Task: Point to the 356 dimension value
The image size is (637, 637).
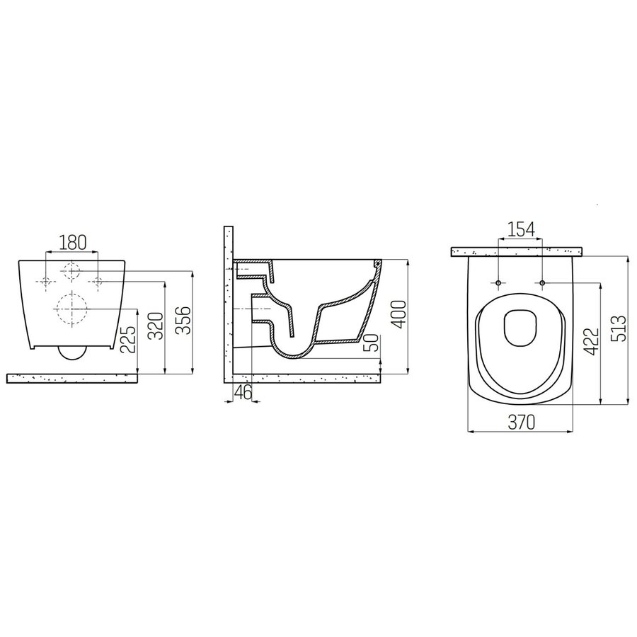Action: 185,322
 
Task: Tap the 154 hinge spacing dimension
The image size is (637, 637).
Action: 520,230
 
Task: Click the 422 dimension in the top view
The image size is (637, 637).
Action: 592,342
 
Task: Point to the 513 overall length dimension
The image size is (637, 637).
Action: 621,329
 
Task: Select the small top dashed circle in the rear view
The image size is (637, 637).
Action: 71,270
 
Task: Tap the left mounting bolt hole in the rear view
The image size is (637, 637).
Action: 45,282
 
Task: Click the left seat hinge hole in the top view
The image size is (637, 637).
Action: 499,284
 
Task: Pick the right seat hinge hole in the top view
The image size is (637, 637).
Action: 542,284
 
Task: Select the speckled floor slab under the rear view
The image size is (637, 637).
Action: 71,378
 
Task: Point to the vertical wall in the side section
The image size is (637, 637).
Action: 228,304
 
